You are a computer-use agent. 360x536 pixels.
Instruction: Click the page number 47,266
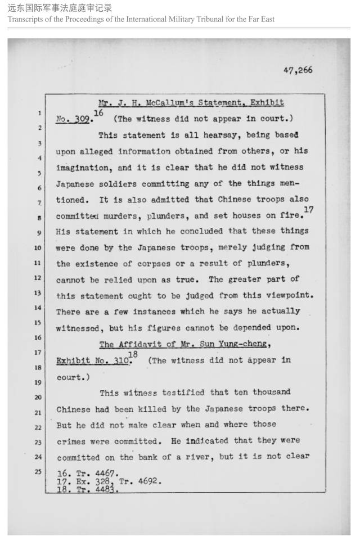tap(298, 70)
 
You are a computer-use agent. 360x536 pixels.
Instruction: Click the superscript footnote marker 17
tap(308, 210)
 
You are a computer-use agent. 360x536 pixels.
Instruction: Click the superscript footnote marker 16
tap(98, 114)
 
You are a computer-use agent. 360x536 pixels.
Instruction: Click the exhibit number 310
tap(119, 361)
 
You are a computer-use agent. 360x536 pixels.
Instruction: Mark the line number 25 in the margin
tap(39, 471)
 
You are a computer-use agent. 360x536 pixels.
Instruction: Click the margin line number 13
tap(39, 293)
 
